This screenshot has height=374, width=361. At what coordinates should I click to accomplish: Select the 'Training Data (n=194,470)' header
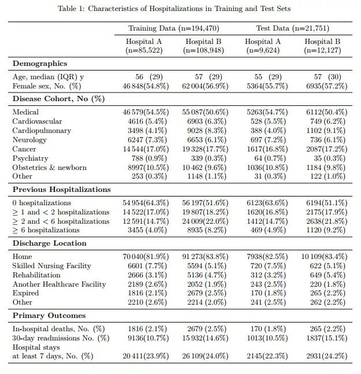coord(173,28)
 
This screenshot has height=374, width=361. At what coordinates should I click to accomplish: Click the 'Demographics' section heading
coord(39,64)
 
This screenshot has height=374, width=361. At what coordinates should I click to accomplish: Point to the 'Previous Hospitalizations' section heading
coord(61,189)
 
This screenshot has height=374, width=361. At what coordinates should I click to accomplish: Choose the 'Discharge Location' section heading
coord(49,243)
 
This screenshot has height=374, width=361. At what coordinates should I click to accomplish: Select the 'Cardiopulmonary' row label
coord(42,131)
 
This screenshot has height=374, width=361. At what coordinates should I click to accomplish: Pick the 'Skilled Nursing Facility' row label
coord(51,266)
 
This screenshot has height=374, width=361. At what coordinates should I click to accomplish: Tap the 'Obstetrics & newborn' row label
coord(49,168)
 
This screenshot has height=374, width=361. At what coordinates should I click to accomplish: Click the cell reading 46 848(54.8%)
coord(146,86)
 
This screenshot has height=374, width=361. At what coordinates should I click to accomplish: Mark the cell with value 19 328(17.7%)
coord(205,149)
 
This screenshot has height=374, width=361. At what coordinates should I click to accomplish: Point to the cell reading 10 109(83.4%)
coord(323,257)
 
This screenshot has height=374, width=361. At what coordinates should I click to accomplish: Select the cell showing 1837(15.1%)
coord(326,338)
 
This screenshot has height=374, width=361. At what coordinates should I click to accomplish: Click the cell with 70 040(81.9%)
coord(146,257)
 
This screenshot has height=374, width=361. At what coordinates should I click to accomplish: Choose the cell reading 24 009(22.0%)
coord(205,221)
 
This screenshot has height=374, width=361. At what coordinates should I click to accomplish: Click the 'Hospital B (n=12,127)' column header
coord(322,46)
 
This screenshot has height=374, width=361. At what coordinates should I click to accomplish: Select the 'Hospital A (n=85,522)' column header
coord(144,46)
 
